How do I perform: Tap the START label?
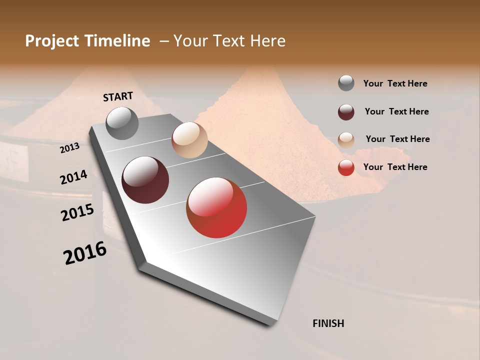pyautogui.click(x=118, y=96)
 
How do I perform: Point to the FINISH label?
pyautogui.click(x=328, y=323)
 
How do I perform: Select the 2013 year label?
pyautogui.click(x=69, y=147)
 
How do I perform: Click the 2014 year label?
pyautogui.click(x=73, y=177)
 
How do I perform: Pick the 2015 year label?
pyautogui.click(x=77, y=212)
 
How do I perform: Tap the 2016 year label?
pyautogui.click(x=85, y=253)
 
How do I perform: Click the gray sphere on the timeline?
pyautogui.click(x=122, y=123)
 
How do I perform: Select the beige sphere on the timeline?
pyautogui.click(x=189, y=140)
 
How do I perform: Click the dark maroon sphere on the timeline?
pyautogui.click(x=145, y=180)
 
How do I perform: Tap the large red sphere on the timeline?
pyautogui.click(x=216, y=207)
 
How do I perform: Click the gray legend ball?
pyautogui.click(x=346, y=83)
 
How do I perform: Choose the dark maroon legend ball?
pyautogui.click(x=346, y=112)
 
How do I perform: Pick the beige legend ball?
pyautogui.click(x=346, y=140)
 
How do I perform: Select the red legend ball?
pyautogui.click(x=346, y=167)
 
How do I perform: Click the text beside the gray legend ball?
pyautogui.click(x=395, y=83)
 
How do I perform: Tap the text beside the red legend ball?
pyautogui.click(x=395, y=167)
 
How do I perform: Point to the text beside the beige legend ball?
pyautogui.click(x=397, y=139)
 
